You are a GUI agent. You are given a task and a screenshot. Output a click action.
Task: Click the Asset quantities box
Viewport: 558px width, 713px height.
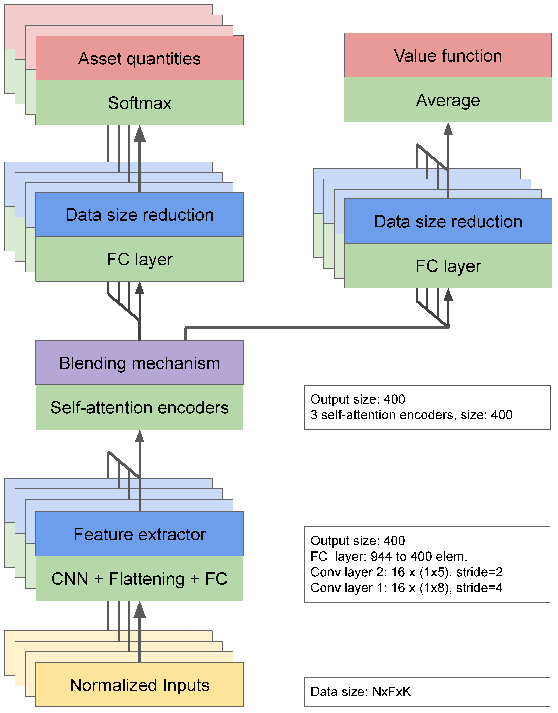pos(140,58)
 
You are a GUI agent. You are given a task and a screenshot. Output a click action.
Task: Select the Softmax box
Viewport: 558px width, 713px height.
pos(140,103)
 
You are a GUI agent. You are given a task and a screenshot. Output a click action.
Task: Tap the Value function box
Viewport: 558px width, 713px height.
pos(448,55)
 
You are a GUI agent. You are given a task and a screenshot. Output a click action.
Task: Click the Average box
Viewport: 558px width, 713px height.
pos(448,100)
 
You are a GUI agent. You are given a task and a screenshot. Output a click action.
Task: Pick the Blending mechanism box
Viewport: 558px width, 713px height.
pos(140,363)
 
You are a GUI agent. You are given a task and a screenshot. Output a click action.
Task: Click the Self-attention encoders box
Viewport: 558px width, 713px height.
pos(140,407)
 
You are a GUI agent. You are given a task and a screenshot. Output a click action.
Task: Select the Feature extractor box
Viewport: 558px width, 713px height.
pos(140,534)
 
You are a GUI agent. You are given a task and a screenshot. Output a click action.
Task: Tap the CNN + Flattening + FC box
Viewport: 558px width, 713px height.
pos(140,578)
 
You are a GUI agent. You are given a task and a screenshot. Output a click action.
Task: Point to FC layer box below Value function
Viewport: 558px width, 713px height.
pos(448,266)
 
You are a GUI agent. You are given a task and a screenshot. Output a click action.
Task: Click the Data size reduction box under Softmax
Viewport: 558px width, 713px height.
pos(140,214)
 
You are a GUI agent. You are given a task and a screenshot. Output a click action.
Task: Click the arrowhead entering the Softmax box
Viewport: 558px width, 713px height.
pos(140,134)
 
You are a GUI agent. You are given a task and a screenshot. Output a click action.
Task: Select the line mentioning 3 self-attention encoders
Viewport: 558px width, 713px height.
pos(411,415)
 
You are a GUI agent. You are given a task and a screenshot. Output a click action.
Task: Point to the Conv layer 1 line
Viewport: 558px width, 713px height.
pos(406,588)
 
